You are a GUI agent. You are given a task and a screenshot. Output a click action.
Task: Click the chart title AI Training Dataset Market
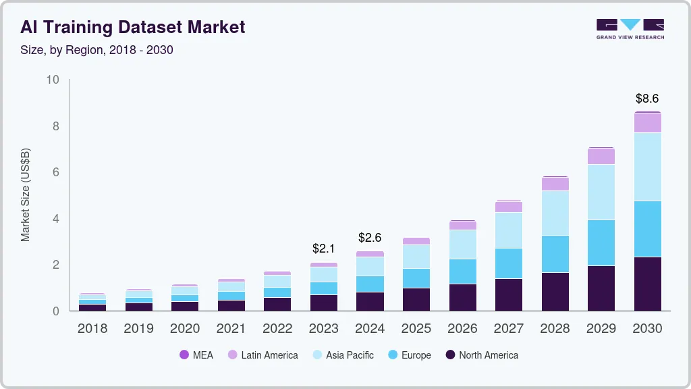click(x=132, y=27)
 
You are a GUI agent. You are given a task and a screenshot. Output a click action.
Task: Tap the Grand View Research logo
click(x=630, y=28)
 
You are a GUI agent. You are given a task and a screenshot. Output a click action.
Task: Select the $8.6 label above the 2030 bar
click(x=647, y=99)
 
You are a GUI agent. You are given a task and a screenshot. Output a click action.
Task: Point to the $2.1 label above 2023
click(x=324, y=249)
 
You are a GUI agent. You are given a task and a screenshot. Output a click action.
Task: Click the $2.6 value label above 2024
click(x=370, y=238)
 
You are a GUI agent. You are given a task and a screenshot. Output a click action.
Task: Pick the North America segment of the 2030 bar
click(x=647, y=284)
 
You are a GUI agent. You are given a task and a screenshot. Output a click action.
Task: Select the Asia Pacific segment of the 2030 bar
click(x=647, y=167)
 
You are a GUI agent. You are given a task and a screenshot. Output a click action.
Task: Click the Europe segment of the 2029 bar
click(x=601, y=242)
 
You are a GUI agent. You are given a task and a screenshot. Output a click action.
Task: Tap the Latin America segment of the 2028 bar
click(x=555, y=184)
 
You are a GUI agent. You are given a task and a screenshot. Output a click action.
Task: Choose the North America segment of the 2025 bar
click(x=416, y=299)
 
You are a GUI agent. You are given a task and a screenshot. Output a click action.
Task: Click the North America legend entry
click(x=480, y=355)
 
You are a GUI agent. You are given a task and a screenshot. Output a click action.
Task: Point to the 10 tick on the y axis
click(x=53, y=80)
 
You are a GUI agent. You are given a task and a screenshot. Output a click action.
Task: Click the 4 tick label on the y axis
click(x=56, y=219)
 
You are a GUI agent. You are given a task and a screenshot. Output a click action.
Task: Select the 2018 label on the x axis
click(x=92, y=329)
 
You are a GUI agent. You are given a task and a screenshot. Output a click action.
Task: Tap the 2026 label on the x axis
click(x=462, y=329)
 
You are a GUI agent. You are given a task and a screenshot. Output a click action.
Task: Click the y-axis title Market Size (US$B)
click(x=26, y=195)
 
